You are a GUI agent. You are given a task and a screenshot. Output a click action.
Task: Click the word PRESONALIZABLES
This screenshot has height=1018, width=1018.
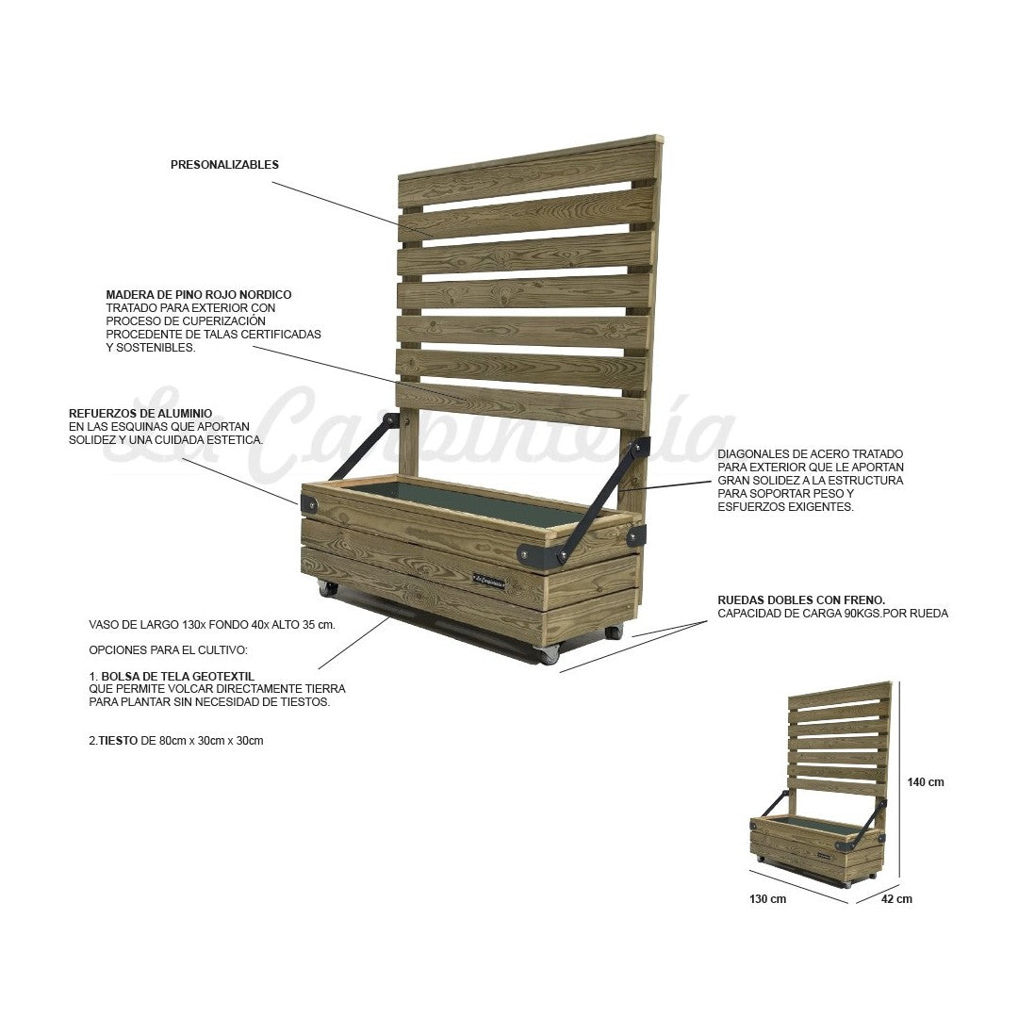[224, 164]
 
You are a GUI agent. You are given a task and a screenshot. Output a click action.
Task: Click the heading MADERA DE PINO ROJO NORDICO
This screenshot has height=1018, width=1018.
[199, 295]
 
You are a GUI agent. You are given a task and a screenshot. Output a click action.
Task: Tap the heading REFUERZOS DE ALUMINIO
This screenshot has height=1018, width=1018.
[140, 414]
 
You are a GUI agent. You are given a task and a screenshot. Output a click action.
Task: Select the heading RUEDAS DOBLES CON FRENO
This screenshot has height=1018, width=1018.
[801, 599]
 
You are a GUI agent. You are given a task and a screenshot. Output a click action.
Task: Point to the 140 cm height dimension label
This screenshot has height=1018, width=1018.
[925, 781]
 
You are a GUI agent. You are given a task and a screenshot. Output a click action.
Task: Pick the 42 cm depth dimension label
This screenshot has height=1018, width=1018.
[896, 898]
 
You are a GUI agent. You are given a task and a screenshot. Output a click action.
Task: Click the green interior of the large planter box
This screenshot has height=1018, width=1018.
[471, 510]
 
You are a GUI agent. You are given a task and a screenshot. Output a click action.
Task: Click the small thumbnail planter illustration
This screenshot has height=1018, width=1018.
[818, 788]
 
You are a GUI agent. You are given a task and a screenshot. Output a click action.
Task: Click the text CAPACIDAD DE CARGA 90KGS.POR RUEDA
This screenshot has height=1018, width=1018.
[832, 614]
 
